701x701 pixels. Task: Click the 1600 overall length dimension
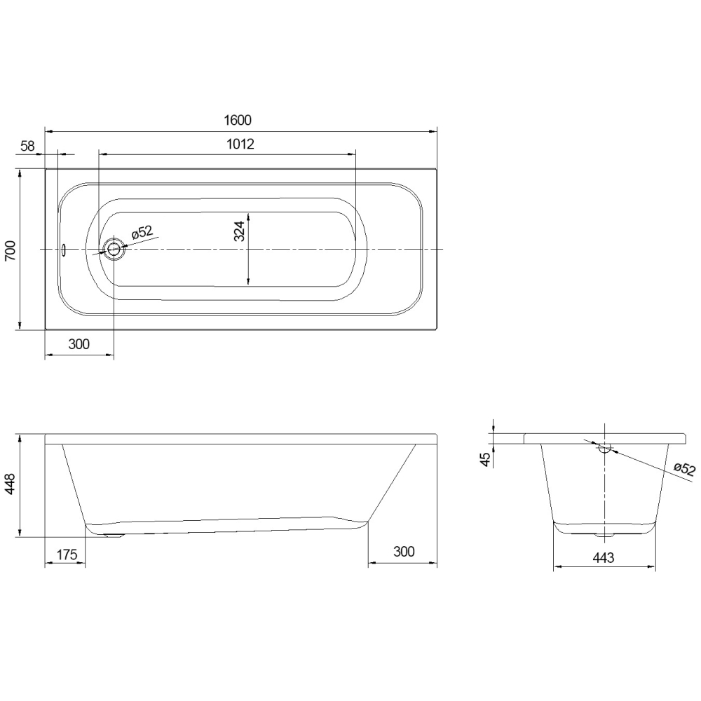coord(238,121)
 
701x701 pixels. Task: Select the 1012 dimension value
coord(240,144)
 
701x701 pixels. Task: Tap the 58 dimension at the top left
coord(27,146)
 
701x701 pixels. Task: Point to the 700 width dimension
coord(10,250)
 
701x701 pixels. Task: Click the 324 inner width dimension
coord(240,231)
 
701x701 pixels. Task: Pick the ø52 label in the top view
coord(142,232)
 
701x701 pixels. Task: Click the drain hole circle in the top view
coord(114,249)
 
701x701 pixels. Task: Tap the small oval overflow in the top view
coord(64,250)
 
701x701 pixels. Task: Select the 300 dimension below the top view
coord(79,343)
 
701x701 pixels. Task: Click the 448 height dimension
coord(10,484)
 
